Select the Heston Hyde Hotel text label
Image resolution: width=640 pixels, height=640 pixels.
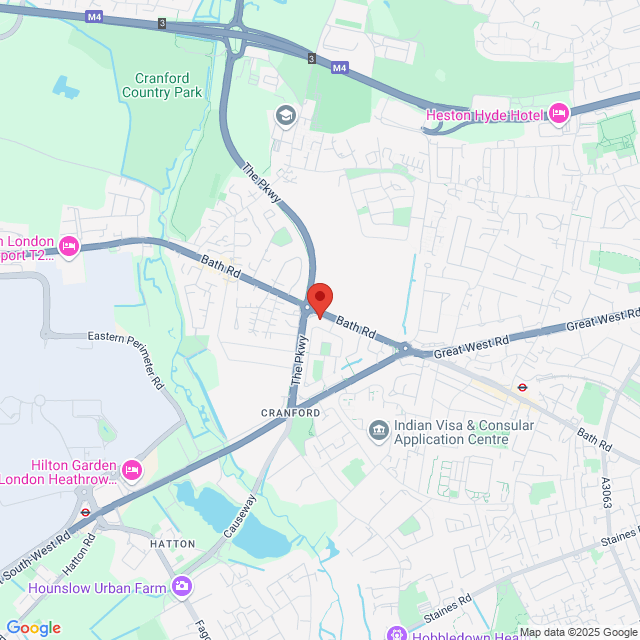click(x=484, y=115)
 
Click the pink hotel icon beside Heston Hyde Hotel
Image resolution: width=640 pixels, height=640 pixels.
click(x=558, y=114)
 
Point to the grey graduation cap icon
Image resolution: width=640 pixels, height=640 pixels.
click(x=285, y=116)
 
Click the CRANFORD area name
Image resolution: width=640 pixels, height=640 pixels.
click(x=291, y=412)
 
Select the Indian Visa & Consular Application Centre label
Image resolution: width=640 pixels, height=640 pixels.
click(x=464, y=432)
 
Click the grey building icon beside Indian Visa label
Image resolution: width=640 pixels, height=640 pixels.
click(x=379, y=431)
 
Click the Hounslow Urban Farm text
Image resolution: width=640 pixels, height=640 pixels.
click(x=97, y=588)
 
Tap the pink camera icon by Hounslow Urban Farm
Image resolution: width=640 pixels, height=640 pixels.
click(x=182, y=587)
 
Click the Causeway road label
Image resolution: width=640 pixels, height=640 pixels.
click(x=241, y=516)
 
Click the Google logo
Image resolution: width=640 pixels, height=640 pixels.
click(x=33, y=628)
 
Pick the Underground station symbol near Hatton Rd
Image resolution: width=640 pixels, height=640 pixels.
click(x=86, y=512)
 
